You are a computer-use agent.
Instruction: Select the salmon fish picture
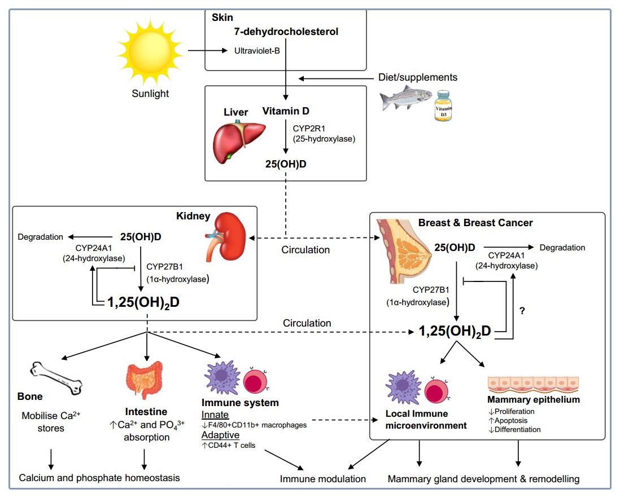point(404,100)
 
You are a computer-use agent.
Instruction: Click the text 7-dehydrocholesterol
point(286,32)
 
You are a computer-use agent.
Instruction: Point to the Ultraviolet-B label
point(257,51)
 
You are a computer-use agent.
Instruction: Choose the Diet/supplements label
point(417,77)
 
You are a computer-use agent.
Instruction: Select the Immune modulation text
point(323,479)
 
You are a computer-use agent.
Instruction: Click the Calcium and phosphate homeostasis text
point(99,478)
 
